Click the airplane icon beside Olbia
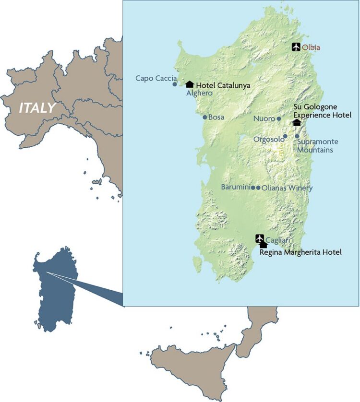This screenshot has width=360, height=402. pos(296,47)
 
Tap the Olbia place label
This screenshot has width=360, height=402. pos(311,47)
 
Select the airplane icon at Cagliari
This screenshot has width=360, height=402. pos(260,238)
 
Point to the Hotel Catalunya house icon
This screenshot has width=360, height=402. pos(189,84)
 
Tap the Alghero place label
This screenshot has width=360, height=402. pos(199,93)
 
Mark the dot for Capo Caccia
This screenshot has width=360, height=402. pos(175,84)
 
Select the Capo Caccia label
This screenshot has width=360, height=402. pos(156,78)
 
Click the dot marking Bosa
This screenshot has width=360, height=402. pos(205,117)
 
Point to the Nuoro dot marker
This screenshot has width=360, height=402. pos(279,118)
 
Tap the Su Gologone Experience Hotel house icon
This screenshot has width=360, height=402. pos(297,122)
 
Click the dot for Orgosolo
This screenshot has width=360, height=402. pos(285,136)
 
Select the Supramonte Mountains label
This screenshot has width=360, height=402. pos(317,146)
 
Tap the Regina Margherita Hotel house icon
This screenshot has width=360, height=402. pos(263,245)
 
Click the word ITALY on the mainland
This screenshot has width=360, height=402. pos(37,107)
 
